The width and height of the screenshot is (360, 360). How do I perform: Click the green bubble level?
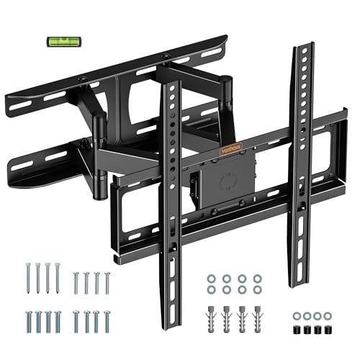coord(64,42)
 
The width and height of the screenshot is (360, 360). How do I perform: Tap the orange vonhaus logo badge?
coord(231,148)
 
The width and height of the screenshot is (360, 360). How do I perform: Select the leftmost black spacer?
coord(297,330)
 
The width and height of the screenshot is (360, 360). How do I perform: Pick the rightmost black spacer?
coord(328,330)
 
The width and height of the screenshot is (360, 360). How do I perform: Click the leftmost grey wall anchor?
coord(211,318)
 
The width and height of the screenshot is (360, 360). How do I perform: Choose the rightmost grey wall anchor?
coord(258,318)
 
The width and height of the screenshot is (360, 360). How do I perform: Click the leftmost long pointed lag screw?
coord(28,278)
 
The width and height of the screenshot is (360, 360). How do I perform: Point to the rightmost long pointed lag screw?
coord(58,278)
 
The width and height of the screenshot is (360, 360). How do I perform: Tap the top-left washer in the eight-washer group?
coord(212,279)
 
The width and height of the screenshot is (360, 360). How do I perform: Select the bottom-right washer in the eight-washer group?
coord(257,289)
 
